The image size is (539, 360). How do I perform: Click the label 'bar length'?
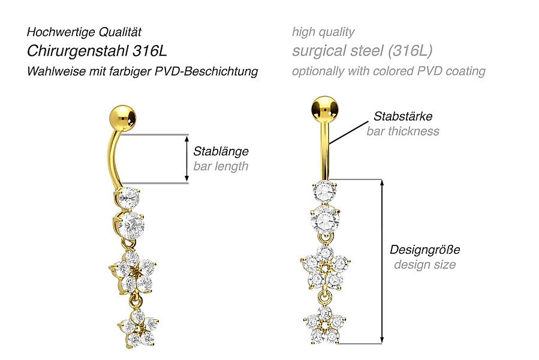(221, 166)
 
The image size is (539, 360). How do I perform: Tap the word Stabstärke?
(403, 116)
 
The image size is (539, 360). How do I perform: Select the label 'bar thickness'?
(403, 131)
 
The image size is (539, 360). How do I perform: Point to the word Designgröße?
(425, 250)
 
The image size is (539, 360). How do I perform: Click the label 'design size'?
(425, 265)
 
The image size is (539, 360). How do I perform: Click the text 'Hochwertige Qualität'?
(85, 32)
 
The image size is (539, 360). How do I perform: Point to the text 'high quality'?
(323, 32)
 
